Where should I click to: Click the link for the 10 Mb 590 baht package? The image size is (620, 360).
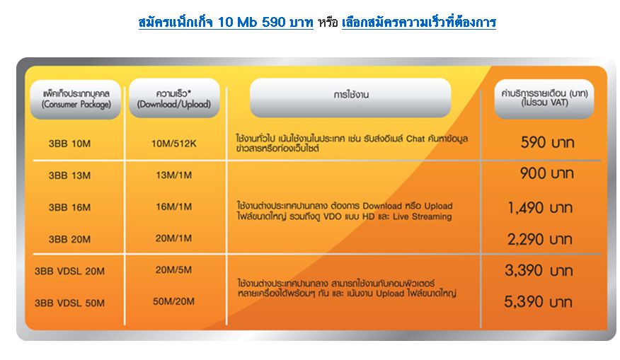point(226,22)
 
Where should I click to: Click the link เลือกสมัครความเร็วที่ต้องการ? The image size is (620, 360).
point(419,22)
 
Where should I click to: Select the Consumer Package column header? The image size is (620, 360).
point(76,99)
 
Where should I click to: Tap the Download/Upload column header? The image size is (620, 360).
point(174,98)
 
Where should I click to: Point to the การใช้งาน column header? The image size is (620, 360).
point(350,98)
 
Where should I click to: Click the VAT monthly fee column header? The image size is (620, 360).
point(544,98)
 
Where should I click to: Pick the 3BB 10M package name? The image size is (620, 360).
point(69,144)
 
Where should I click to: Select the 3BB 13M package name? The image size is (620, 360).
point(69,175)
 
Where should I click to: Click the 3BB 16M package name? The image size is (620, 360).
point(69,207)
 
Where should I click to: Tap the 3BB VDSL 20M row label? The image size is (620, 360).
point(69,271)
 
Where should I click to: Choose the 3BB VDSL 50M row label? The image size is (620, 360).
point(69,303)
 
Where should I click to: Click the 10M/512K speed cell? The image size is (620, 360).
point(174,144)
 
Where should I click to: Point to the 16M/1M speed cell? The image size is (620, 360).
point(174,207)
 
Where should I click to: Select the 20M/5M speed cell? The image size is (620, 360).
point(174,270)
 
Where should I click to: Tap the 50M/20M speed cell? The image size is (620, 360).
point(174,301)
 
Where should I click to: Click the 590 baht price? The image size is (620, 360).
point(547,142)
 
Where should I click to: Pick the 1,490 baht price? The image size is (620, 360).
point(540,208)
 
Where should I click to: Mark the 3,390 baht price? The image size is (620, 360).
point(539,271)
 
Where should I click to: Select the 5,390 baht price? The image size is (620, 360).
point(538,302)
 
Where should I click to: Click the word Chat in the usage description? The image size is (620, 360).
point(415,139)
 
